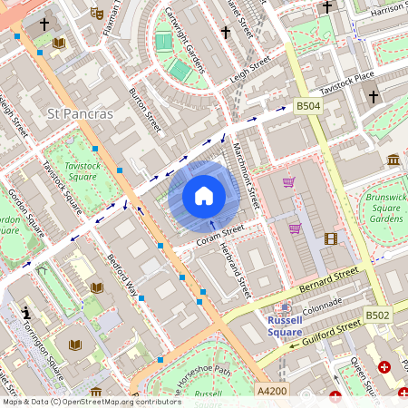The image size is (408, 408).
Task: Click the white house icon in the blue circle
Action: (x=204, y=196)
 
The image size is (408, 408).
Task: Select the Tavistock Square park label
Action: (x=82, y=172)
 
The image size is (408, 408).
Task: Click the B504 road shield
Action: (x=308, y=106)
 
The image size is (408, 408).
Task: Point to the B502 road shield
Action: (x=377, y=315)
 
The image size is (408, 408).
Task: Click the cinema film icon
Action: (x=330, y=239)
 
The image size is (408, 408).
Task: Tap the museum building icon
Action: (x=393, y=160)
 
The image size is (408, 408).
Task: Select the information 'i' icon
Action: (x=24, y=315)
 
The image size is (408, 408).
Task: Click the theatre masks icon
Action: (x=97, y=13)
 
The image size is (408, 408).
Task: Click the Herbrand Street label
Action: (x=234, y=270)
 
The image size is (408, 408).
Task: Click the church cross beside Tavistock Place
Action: (x=372, y=96)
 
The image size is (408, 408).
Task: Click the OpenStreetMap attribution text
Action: (x=91, y=401)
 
